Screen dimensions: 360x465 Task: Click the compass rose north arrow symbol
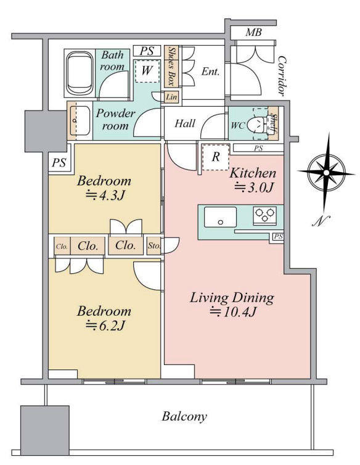(x=326, y=173)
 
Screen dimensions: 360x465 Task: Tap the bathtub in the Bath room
(x=80, y=73)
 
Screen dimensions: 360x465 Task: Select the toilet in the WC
(x=257, y=124)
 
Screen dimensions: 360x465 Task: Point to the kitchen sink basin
(x=220, y=217)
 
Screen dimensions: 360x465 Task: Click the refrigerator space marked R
(x=216, y=157)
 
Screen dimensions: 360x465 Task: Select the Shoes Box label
(x=171, y=66)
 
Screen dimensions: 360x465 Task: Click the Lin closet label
(x=171, y=97)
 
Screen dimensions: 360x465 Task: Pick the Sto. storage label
(x=154, y=245)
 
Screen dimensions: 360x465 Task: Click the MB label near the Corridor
(x=253, y=32)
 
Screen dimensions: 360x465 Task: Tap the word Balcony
(x=184, y=416)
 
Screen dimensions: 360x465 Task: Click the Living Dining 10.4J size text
(x=233, y=312)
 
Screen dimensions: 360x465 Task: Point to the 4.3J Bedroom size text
(x=104, y=195)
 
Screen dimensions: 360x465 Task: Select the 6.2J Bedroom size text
(x=104, y=326)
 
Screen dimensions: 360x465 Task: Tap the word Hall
(x=185, y=123)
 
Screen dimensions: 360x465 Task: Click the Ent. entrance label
(x=210, y=72)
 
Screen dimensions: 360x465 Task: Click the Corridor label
(x=282, y=76)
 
